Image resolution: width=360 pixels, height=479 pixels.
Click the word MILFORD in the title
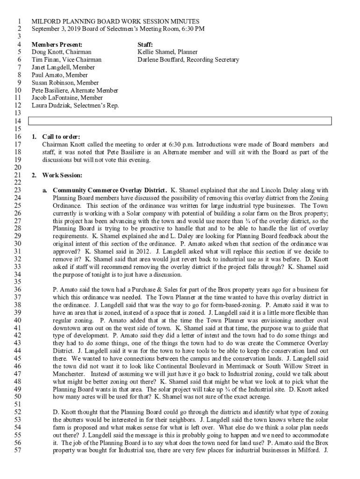click(45, 22)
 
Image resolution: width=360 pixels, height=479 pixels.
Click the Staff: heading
click(145, 44)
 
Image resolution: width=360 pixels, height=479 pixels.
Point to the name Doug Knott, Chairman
click(61, 52)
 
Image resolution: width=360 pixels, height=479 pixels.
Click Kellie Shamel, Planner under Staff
click(167, 52)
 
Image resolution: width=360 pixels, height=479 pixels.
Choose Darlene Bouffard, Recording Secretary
click(188, 60)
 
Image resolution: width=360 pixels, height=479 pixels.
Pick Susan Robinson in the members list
click(48, 83)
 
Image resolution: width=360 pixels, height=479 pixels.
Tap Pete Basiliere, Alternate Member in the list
click(74, 90)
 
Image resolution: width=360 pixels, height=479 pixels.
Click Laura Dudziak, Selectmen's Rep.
click(75, 105)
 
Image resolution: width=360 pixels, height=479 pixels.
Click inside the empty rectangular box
click(180, 121)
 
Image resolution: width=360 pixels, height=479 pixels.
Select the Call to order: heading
click(58, 137)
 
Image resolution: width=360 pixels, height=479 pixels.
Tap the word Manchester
click(68, 374)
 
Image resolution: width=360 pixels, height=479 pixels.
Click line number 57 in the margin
click(18, 450)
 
